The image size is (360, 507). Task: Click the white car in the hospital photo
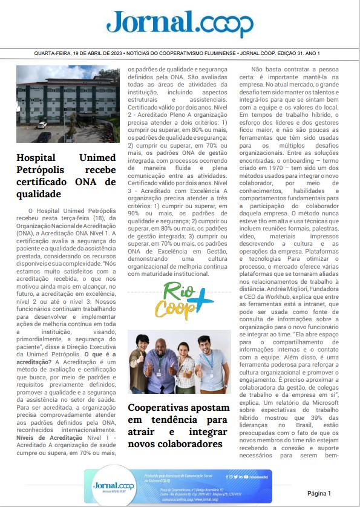click(x=42, y=125)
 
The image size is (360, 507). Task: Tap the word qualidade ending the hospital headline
click(x=39, y=194)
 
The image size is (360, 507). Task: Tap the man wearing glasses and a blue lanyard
click(x=208, y=357)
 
